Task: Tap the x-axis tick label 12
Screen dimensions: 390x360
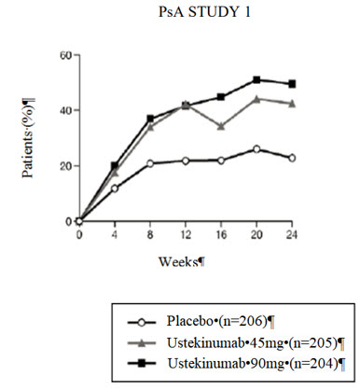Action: point(186,235)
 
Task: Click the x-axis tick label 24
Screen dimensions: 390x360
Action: point(292,235)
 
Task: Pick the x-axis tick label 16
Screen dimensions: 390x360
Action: point(221,235)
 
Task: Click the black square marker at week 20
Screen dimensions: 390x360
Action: point(256,80)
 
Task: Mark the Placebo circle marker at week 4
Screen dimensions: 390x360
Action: point(115,188)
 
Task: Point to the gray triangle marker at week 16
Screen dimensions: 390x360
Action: point(221,126)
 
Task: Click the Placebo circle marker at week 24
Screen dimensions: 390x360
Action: point(292,158)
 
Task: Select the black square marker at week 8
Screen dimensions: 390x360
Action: point(150,119)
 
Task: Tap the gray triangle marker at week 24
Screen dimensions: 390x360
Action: point(292,104)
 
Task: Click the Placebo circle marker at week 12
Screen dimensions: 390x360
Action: point(186,160)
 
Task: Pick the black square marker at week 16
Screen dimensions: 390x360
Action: point(221,97)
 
